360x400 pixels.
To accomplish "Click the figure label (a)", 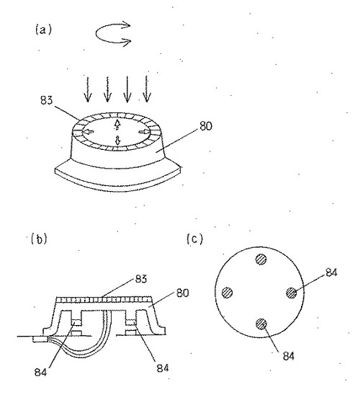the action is click(43, 30).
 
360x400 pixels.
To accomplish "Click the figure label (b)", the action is click(39, 239).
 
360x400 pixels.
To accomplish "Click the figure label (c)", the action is click(194, 239).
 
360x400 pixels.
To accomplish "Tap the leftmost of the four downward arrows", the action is click(88, 89).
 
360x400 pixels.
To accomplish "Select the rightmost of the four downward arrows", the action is click(147, 89).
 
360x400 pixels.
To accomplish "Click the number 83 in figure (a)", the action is click(47, 100).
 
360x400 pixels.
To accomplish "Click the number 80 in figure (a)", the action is click(206, 126).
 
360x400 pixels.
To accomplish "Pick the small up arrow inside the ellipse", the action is click(117, 124).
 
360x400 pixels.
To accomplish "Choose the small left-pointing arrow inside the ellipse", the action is click(89, 132).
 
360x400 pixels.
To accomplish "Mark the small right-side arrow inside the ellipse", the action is click(144, 131).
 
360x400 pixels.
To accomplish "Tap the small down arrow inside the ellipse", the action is click(117, 140).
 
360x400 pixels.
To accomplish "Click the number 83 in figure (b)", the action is click(141, 279).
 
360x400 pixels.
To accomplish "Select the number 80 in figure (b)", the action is click(183, 293).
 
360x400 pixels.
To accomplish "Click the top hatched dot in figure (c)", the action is click(261, 259).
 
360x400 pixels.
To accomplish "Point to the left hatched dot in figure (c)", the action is click(228, 293).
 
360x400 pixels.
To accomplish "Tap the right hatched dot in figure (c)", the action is click(292, 293).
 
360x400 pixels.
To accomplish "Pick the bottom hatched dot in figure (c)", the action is click(261, 324).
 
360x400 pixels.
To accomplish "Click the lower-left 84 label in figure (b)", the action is click(41, 372).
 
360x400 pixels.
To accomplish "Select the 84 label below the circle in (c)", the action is click(289, 356).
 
